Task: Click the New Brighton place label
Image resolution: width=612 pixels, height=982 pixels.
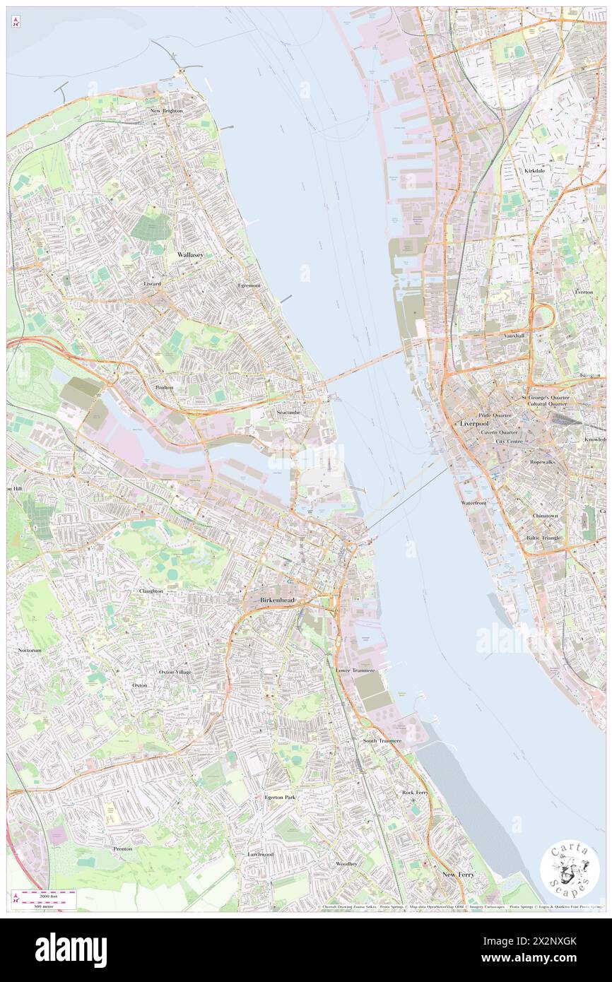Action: click(x=166, y=111)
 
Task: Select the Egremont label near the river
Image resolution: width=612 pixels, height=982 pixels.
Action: click(x=249, y=285)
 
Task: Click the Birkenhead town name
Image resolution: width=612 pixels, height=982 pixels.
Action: click(x=276, y=600)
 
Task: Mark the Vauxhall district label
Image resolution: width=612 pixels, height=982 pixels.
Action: click(x=514, y=336)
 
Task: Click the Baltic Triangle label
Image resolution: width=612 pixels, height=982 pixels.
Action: click(x=543, y=538)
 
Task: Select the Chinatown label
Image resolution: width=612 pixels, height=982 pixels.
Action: click(x=546, y=516)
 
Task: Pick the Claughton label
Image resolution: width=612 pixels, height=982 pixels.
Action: click(x=151, y=591)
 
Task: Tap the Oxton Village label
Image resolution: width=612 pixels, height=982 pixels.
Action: click(x=175, y=671)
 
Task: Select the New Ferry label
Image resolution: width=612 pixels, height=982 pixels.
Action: click(x=458, y=875)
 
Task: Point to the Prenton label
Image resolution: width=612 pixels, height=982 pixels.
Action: click(x=122, y=848)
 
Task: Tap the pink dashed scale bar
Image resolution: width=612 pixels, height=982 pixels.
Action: click(x=48, y=894)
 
